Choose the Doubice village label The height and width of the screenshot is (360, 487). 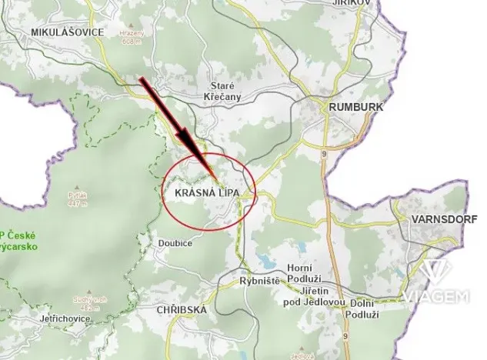coord(175,244)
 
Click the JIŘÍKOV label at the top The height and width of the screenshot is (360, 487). coord(355,3)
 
